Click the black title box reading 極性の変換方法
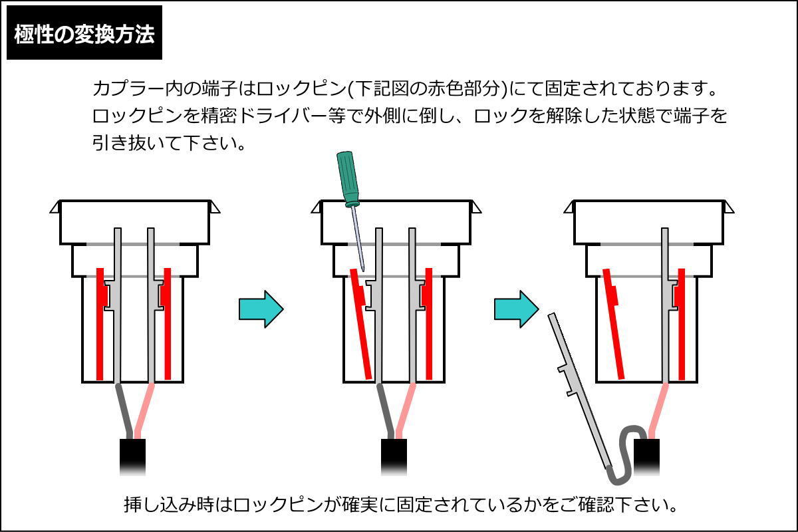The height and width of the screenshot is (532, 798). pos(84,33)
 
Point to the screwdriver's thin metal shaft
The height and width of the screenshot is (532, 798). pos(358,239)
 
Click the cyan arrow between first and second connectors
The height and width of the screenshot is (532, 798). pos(261,309)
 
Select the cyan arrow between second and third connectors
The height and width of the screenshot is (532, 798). pos(517,309)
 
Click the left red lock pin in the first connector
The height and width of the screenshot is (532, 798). pos(101,324)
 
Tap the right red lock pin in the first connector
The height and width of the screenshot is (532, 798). pos(166,324)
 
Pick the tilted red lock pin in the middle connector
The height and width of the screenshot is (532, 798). pos(361,324)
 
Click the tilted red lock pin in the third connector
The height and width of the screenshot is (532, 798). pos(613,324)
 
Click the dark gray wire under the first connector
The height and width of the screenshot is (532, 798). pos(124,410)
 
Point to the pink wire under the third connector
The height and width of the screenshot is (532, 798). pos(658,410)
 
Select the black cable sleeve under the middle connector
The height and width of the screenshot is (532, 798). pos(394,457)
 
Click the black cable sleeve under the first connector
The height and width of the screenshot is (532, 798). pos(132,457)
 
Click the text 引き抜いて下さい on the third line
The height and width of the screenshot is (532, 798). pos(168,143)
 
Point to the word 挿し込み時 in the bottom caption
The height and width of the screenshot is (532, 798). pos(169,504)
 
